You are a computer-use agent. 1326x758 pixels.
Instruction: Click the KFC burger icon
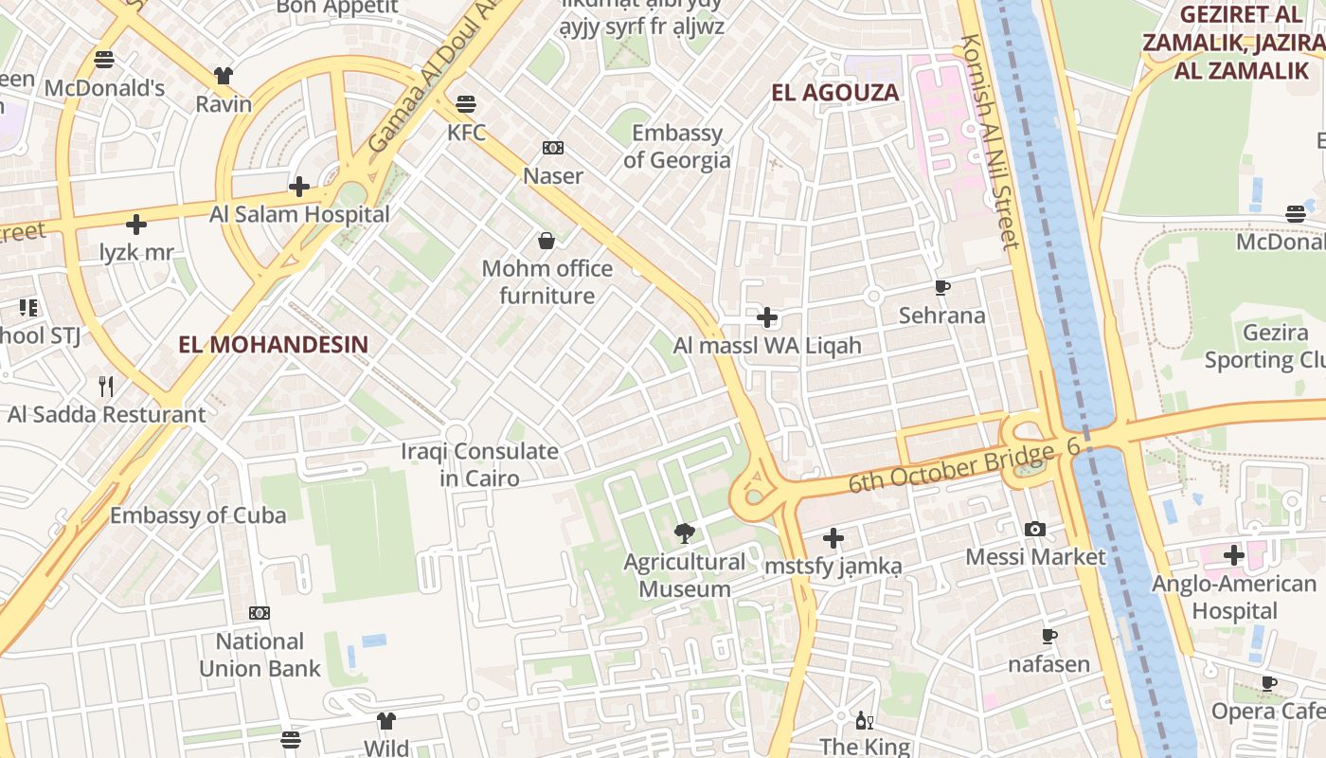pos(465,102)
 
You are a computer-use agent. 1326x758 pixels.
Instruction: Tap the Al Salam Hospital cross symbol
pos(299,187)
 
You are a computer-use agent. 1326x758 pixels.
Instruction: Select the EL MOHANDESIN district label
pos(273,344)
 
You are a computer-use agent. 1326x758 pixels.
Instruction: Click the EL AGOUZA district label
pos(834,93)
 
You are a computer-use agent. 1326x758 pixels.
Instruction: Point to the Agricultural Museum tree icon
pos(684,534)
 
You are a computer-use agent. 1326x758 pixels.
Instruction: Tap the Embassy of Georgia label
pos(677,146)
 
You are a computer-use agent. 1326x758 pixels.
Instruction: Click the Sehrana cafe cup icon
pos(941,287)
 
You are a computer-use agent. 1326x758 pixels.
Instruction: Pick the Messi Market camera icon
pos(1035,529)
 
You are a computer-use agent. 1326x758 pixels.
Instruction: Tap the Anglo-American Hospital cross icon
pos(1233,555)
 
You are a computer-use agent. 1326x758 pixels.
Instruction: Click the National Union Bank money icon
pos(260,613)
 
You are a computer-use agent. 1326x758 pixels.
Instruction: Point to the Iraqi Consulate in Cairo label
pos(479,464)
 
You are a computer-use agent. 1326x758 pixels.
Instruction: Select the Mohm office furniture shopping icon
pos(547,241)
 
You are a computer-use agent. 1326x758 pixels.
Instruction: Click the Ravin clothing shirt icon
pos(224,76)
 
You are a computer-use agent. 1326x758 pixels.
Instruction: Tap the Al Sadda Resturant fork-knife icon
pos(106,386)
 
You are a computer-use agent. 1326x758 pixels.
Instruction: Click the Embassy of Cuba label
pos(198,515)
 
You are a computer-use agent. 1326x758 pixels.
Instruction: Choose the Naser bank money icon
pos(553,148)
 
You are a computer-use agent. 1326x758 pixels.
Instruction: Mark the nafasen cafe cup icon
pos(1048,636)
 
